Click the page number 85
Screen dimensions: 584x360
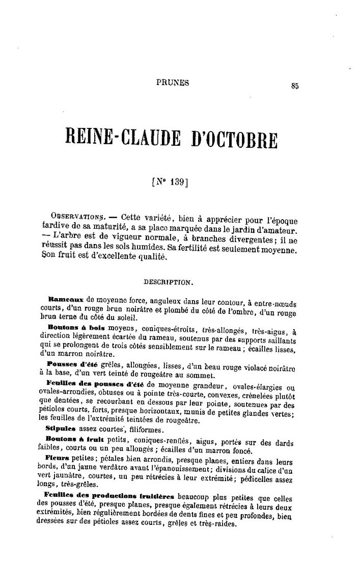294,86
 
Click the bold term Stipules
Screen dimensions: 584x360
61,429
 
